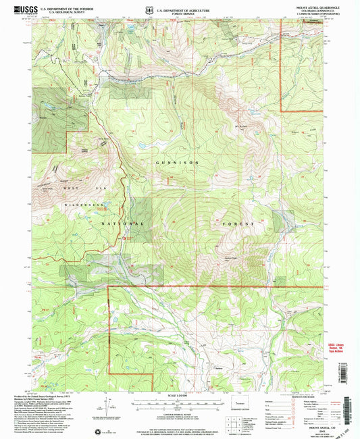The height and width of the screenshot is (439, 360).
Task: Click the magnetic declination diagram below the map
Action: (x=107, y=405)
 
